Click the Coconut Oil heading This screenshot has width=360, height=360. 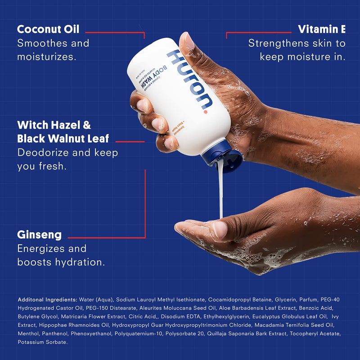click(48, 29)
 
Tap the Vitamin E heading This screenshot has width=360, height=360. click(321, 29)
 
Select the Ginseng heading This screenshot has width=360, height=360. click(40, 234)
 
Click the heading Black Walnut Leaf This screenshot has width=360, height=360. click(63, 138)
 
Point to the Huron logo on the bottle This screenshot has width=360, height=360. click(189, 79)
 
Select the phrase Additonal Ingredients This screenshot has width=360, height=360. click(47, 299)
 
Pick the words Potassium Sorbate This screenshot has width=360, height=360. click(43, 342)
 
